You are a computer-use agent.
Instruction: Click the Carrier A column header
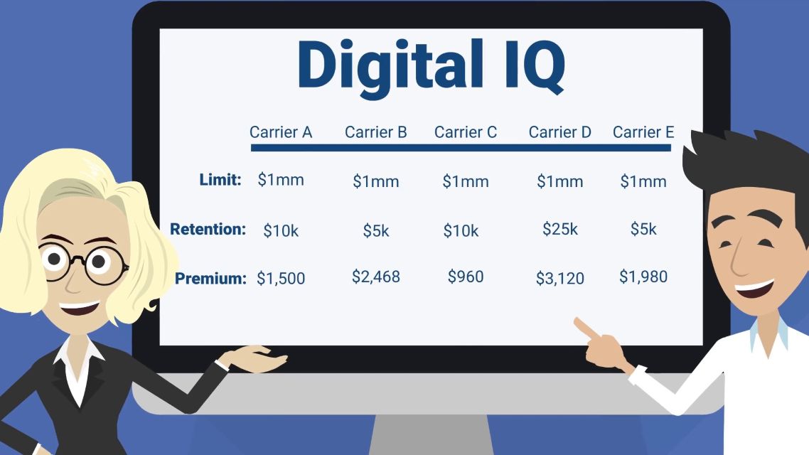tap(281, 132)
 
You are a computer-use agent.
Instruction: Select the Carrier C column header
tap(466, 132)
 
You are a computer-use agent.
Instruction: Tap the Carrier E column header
tap(643, 132)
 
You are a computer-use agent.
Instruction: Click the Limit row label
tap(220, 180)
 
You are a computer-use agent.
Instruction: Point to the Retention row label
tap(208, 229)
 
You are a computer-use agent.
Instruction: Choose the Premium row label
tap(210, 279)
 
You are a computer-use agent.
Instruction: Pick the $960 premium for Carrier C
tap(466, 277)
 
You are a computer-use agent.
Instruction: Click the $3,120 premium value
tap(559, 279)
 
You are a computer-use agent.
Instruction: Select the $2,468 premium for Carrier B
tap(375, 277)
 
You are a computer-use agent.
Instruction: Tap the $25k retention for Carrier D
tap(559, 228)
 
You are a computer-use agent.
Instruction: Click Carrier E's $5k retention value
tap(643, 228)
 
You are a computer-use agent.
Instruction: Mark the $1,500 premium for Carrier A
tap(281, 279)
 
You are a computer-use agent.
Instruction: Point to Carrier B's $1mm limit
tap(375, 181)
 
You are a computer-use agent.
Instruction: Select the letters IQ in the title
tap(535, 66)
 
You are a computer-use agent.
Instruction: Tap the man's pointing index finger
tap(586, 328)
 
